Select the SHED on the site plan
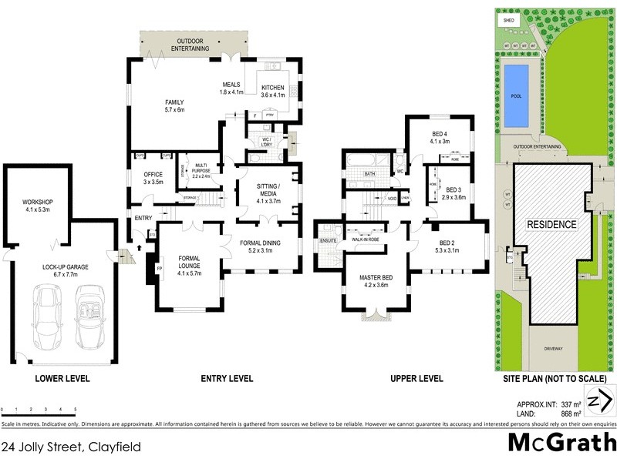(x=508, y=20)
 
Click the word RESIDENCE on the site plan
(x=551, y=224)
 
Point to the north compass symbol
(x=599, y=402)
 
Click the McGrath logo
(x=561, y=442)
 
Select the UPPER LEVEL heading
(x=416, y=378)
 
